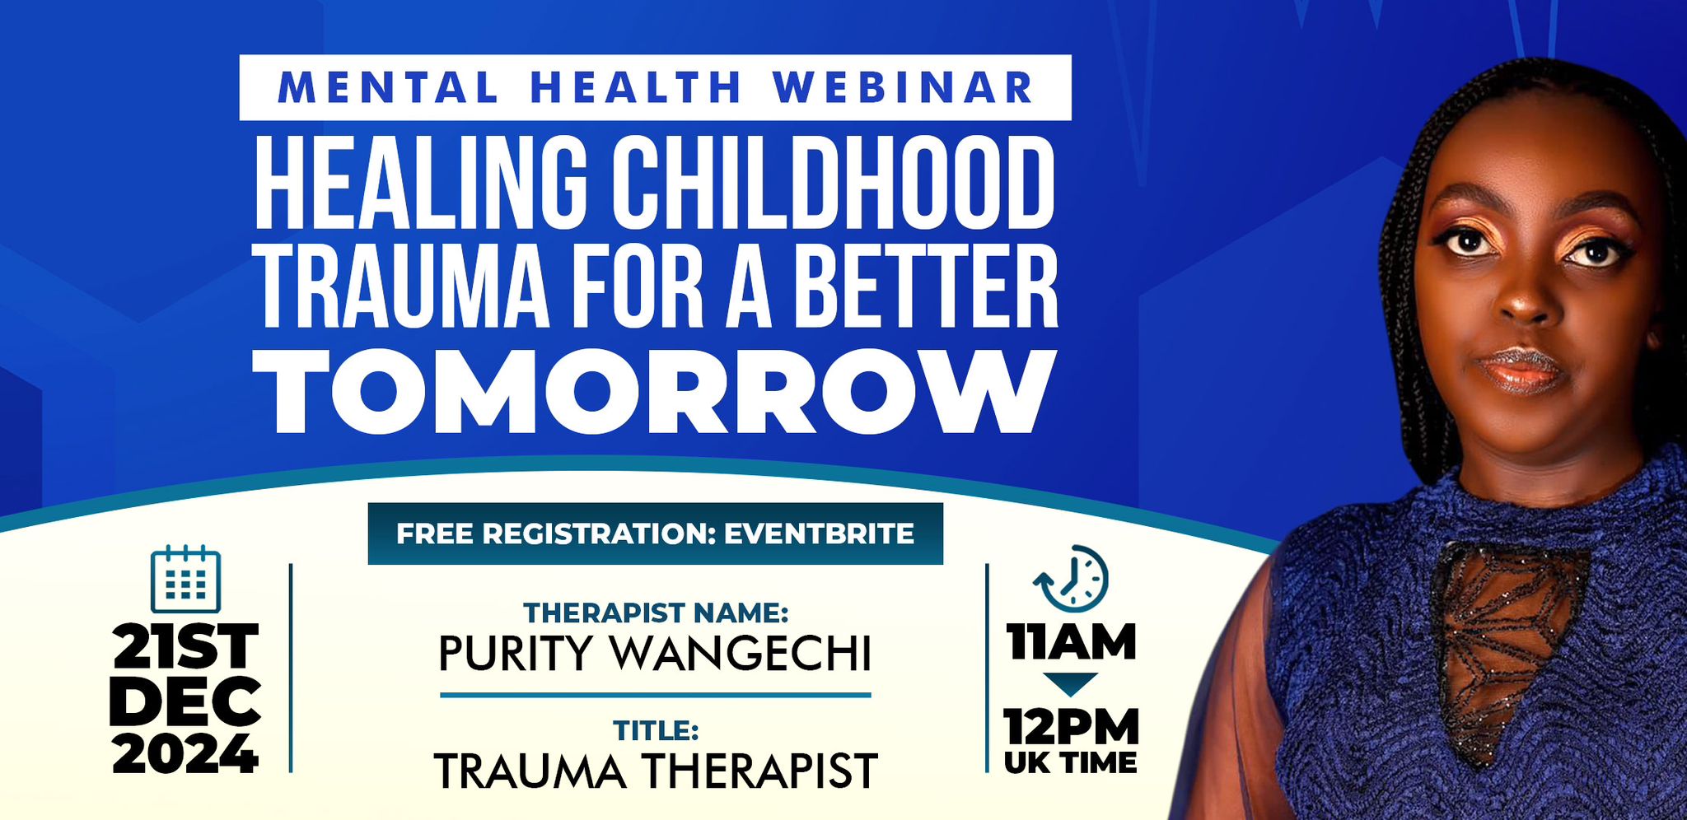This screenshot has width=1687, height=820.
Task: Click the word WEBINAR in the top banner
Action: tap(904, 88)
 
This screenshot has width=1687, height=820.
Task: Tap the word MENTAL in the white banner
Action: tap(389, 88)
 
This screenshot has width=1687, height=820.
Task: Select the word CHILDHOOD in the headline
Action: tap(832, 182)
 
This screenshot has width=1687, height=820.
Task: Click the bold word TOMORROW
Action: tap(655, 392)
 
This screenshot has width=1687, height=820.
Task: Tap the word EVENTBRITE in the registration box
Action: tap(819, 533)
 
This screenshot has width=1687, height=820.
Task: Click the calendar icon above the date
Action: tap(186, 579)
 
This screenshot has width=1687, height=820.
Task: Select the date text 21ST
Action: tap(185, 646)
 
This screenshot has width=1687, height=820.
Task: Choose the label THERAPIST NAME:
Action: tap(656, 613)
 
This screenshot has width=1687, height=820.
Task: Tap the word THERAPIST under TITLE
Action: tap(759, 771)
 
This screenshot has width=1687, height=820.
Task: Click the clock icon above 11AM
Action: tap(1071, 578)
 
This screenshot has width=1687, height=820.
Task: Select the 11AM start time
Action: tap(1071, 642)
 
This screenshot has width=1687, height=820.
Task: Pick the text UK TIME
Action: tap(1071, 762)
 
